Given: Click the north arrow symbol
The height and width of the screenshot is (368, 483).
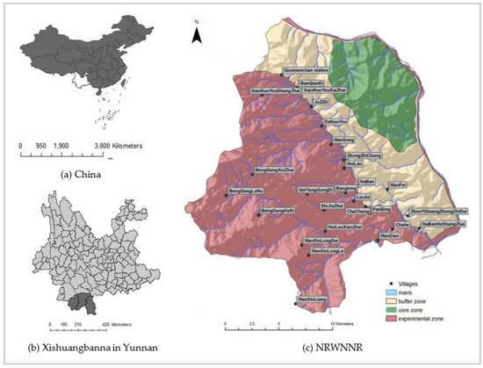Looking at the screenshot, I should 199,34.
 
